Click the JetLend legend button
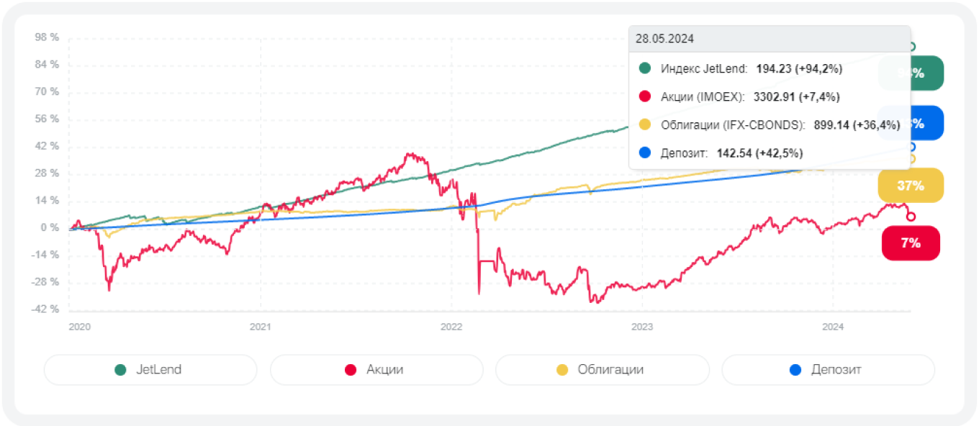pyautogui.click(x=150, y=370)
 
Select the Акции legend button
pyautogui.click(x=376, y=370)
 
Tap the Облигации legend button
pyautogui.click(x=602, y=370)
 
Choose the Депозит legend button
pyautogui.click(x=828, y=370)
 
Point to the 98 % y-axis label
pyautogui.click(x=47, y=37)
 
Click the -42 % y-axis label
pyautogui.click(x=45, y=309)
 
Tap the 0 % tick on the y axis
pyautogui.click(x=50, y=228)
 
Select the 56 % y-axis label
pyautogui.click(x=47, y=119)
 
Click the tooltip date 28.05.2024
pyautogui.click(x=664, y=39)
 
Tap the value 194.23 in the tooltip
pyautogui.click(x=773, y=69)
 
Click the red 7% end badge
pyautogui.click(x=911, y=243)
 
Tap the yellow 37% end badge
pyautogui.click(x=911, y=186)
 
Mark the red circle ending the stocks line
pyautogui.click(x=911, y=217)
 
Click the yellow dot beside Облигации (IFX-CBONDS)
pyautogui.click(x=645, y=125)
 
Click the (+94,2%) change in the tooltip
pyautogui.click(x=818, y=69)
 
